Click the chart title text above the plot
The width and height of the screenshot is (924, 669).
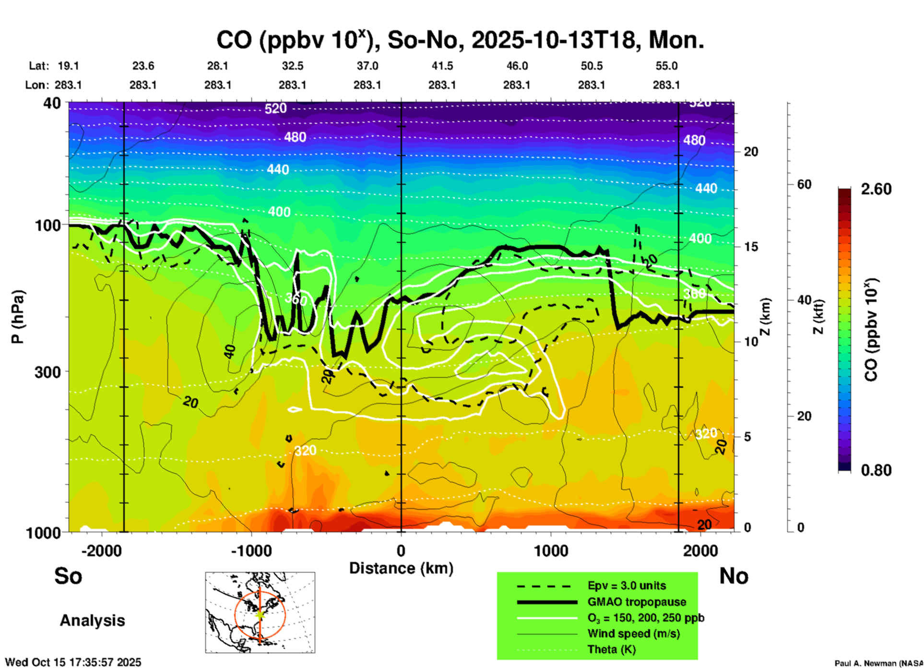tap(460, 40)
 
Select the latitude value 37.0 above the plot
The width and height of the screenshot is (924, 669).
tap(367, 66)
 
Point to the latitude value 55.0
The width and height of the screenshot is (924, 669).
tap(666, 66)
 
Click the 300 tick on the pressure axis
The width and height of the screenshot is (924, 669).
tap(48, 372)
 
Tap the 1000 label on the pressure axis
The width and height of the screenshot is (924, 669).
tap(43, 533)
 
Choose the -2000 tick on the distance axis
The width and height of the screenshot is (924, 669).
tap(101, 551)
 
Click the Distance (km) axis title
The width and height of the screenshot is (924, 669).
tap(401, 568)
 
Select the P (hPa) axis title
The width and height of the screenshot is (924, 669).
tap(17, 317)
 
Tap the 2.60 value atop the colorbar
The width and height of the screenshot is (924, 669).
tap(876, 189)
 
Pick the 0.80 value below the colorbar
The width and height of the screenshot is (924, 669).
tap(876, 470)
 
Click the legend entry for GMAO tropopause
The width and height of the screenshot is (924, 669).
tap(637, 602)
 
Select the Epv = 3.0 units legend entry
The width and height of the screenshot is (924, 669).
tap(627, 585)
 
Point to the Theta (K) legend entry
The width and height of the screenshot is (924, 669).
tap(611, 649)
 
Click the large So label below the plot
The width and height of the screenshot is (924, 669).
tap(68, 576)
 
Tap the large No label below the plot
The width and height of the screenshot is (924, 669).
tap(734, 576)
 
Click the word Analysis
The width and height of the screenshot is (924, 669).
tap(92, 621)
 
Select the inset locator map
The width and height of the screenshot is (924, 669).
tap(260, 612)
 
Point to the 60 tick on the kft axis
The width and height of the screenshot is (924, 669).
tap(804, 184)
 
